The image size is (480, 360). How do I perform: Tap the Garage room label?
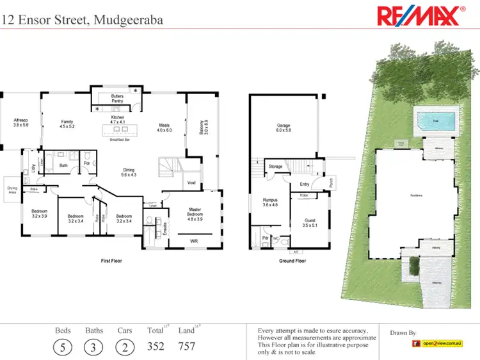click(x=284, y=127)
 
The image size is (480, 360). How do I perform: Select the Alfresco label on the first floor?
click(x=20, y=123)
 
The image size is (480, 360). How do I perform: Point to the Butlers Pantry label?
click(x=117, y=99)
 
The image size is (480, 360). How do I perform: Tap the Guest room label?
click(x=310, y=224)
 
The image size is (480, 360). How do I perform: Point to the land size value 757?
click(x=186, y=347)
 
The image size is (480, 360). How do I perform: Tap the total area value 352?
click(x=156, y=347)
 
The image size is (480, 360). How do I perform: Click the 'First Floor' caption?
click(x=111, y=261)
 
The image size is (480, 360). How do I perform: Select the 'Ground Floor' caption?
click(x=292, y=261)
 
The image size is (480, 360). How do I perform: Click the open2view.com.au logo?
click(x=437, y=344)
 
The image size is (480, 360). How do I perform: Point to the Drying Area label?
click(x=12, y=190)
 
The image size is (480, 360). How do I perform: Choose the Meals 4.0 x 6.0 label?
click(x=164, y=127)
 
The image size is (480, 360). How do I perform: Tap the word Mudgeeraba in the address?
click(x=128, y=19)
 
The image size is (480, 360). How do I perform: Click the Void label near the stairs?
click(x=191, y=183)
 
